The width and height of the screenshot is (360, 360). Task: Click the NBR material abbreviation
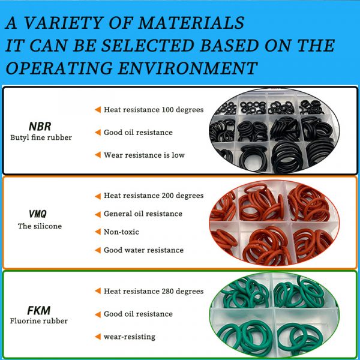[x=40, y=126]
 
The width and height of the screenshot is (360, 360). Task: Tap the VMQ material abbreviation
[x=38, y=214]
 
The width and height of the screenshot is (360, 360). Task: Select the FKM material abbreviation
[x=39, y=311]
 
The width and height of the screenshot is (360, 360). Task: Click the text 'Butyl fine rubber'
[x=41, y=137]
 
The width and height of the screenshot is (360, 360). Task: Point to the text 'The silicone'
[x=40, y=226]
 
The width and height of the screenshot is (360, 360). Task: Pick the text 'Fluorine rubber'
[x=39, y=321]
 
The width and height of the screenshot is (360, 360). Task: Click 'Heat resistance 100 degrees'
[x=154, y=110]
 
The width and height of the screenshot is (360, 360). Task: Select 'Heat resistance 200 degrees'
[x=154, y=196]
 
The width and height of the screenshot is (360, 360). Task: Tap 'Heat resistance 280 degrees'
[x=154, y=291]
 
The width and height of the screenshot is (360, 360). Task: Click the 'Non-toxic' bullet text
[x=121, y=232]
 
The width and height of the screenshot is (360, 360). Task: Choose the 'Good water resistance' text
[x=144, y=250]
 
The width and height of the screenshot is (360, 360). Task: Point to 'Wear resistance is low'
[x=144, y=155]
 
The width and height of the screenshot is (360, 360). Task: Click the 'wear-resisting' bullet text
[x=130, y=337]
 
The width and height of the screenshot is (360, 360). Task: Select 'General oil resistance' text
[x=143, y=214]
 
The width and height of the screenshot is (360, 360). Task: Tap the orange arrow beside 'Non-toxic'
[x=98, y=232]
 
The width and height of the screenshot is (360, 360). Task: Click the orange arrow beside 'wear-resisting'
[x=98, y=337]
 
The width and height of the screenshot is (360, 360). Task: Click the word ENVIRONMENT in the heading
[x=188, y=68]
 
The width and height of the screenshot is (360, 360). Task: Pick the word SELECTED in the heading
[x=148, y=45]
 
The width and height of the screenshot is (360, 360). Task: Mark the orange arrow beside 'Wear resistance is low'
[x=98, y=155]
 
